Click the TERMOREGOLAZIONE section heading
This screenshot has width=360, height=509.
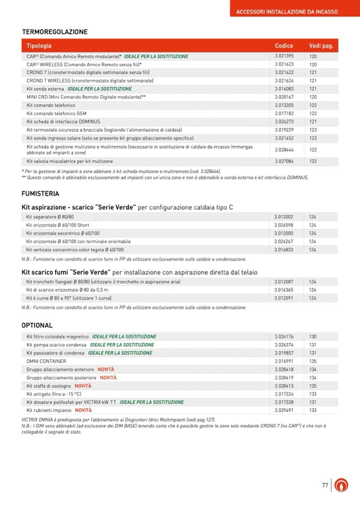(x=55, y=32)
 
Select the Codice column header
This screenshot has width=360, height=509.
(x=284, y=46)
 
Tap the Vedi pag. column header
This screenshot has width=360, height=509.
(x=321, y=46)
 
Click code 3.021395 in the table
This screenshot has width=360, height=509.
(x=284, y=56)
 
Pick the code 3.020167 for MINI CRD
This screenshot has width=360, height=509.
(x=284, y=97)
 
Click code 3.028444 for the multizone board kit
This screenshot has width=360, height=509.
(x=284, y=150)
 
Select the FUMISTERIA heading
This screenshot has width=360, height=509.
(x=40, y=194)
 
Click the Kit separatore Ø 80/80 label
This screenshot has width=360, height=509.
(x=50, y=217)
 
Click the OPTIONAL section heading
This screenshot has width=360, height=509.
(x=37, y=325)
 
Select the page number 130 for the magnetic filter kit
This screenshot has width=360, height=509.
(x=313, y=337)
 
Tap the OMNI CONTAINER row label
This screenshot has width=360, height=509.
(x=46, y=361)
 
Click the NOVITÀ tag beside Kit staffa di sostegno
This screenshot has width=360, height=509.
(x=83, y=386)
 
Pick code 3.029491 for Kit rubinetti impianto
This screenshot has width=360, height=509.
(x=284, y=410)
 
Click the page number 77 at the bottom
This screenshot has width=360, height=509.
(x=325, y=485)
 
